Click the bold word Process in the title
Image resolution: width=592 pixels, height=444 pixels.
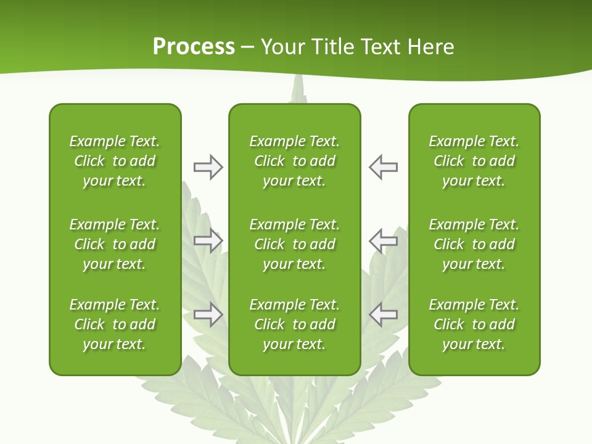click(x=194, y=47)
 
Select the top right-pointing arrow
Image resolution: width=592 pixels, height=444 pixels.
click(x=208, y=167)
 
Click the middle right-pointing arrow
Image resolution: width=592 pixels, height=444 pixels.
click(x=208, y=240)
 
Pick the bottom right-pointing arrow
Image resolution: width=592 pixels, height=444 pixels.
click(x=208, y=314)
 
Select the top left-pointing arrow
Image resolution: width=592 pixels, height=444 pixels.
click(x=384, y=167)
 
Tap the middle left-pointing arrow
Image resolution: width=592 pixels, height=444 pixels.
click(x=384, y=240)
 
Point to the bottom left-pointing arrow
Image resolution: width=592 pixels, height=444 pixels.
click(x=384, y=314)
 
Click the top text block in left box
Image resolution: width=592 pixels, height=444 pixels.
click(x=115, y=161)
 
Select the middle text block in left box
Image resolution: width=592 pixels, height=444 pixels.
click(x=115, y=244)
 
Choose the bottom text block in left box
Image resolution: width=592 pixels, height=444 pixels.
click(x=115, y=324)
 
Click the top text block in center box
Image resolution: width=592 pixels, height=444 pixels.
click(x=294, y=161)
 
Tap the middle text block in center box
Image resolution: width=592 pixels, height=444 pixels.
click(x=294, y=244)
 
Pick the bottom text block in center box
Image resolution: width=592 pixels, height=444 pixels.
click(x=294, y=324)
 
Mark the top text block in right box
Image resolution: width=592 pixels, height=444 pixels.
click(x=474, y=161)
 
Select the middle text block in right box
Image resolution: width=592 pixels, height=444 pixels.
click(x=474, y=244)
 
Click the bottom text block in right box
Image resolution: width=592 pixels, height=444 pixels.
click(x=474, y=324)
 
